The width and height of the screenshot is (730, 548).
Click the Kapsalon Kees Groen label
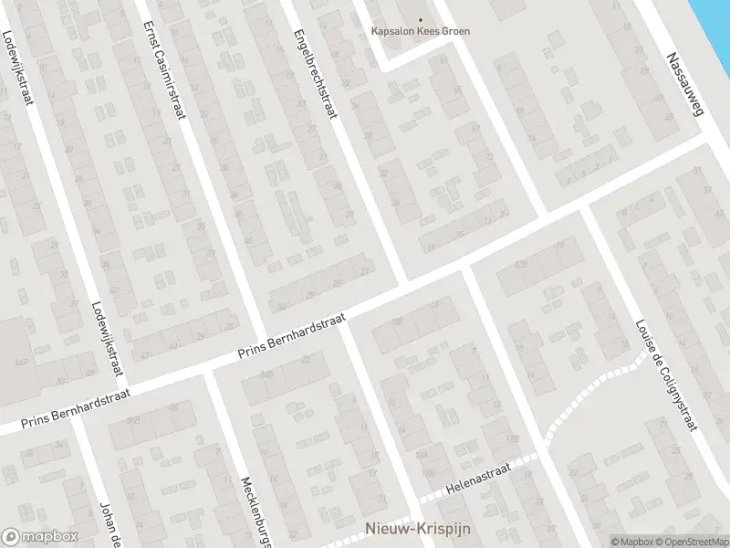point(421,31)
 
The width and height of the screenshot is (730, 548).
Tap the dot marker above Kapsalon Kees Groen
point(421,19)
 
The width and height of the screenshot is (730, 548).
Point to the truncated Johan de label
point(109,524)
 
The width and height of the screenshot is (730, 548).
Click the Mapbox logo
point(40,537)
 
